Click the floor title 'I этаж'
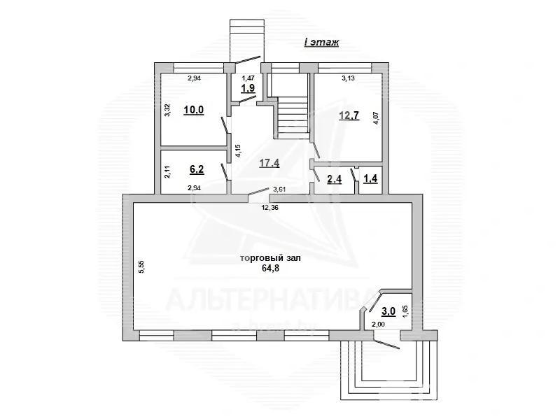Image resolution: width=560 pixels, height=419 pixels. click(x=321, y=43)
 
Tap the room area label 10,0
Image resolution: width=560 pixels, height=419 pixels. click(x=194, y=110)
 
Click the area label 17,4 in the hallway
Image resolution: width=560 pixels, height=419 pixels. click(x=269, y=163)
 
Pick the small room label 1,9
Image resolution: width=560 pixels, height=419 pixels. click(x=248, y=89)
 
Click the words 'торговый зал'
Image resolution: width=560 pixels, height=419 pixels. click(x=270, y=258)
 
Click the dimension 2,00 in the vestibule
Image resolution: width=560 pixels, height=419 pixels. click(x=378, y=325)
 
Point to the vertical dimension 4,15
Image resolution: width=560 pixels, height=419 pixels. click(x=238, y=153)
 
